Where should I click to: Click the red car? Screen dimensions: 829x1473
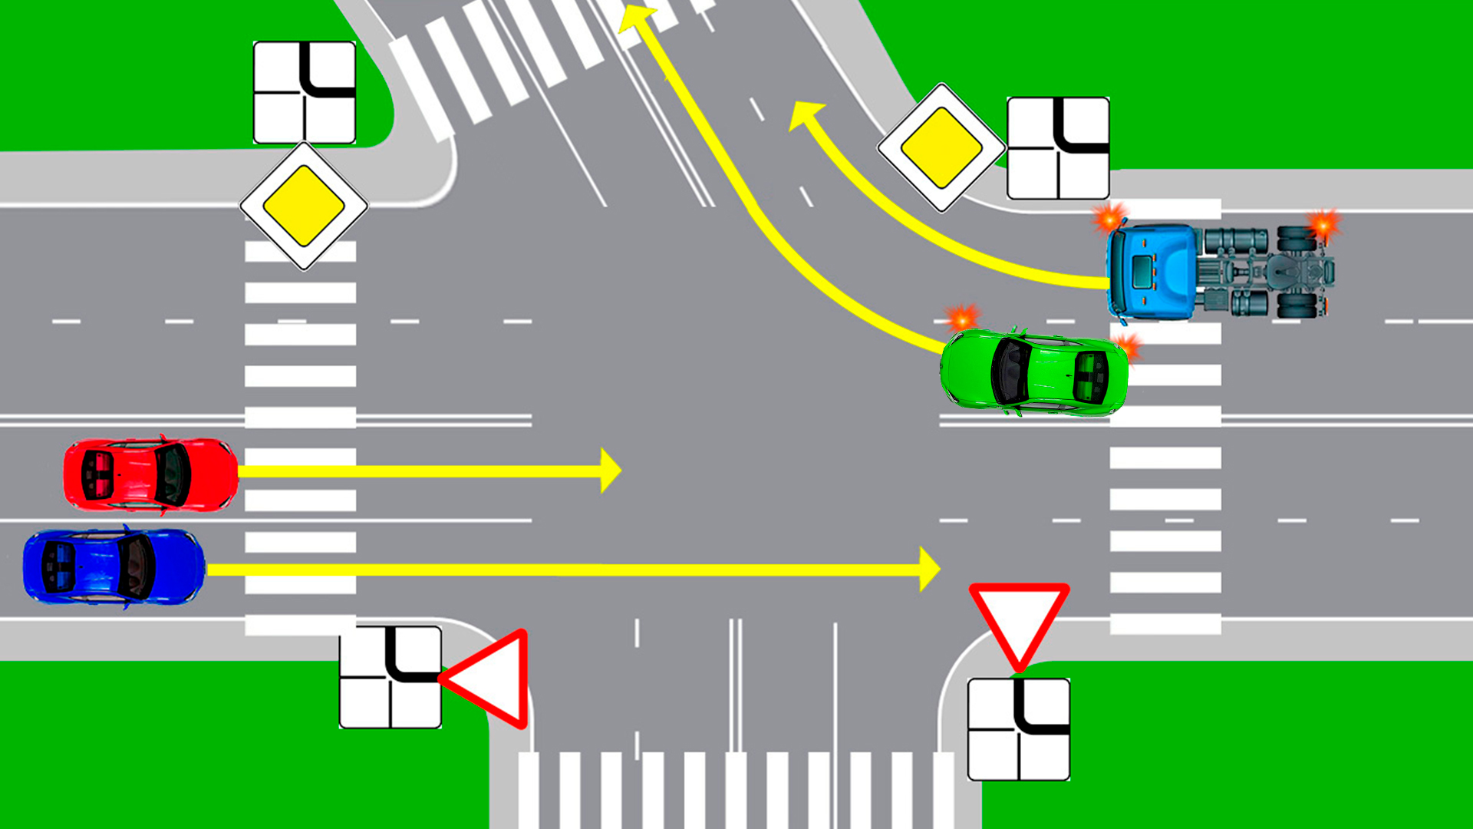click(x=150, y=474)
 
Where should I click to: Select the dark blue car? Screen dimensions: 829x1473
click(x=114, y=567)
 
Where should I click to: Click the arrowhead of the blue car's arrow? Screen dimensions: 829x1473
click(x=930, y=570)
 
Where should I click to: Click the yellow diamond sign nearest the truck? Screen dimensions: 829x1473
click(x=941, y=147)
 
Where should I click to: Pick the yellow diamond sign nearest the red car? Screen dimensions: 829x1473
click(x=304, y=206)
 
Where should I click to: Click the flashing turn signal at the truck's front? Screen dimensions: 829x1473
click(x=1109, y=218)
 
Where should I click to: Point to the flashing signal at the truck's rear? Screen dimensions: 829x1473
click(x=1323, y=223)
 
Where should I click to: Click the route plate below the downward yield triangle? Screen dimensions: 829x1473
click(x=1019, y=729)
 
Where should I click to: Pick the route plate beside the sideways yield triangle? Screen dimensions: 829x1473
click(x=390, y=677)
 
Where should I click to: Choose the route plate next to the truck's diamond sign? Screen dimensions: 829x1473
click(x=1058, y=148)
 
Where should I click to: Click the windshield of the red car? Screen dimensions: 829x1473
click(x=172, y=474)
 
